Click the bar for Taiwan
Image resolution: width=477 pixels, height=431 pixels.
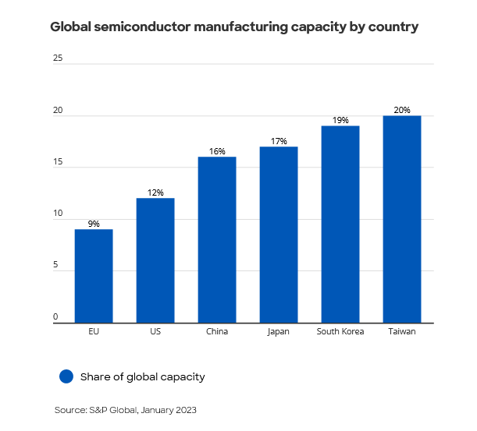402,219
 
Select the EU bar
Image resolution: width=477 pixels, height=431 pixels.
94,276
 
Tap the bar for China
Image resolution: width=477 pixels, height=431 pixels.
217,240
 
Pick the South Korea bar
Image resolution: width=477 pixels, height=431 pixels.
340,224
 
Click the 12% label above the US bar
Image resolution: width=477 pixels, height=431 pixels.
155,193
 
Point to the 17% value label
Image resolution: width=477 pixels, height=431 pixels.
279,141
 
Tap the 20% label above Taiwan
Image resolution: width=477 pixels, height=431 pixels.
402,110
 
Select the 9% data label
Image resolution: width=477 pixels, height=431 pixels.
94,224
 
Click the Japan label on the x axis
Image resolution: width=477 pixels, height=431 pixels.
278,331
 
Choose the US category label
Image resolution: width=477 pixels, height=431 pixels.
155,331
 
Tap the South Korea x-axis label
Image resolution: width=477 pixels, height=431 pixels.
340,331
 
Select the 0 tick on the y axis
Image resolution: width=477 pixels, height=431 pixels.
56,316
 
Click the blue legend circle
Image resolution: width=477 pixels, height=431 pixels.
66,376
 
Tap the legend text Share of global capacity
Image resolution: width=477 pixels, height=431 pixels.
142,376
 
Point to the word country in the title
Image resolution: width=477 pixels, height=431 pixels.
393,26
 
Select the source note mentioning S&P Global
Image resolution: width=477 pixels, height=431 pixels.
126,409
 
